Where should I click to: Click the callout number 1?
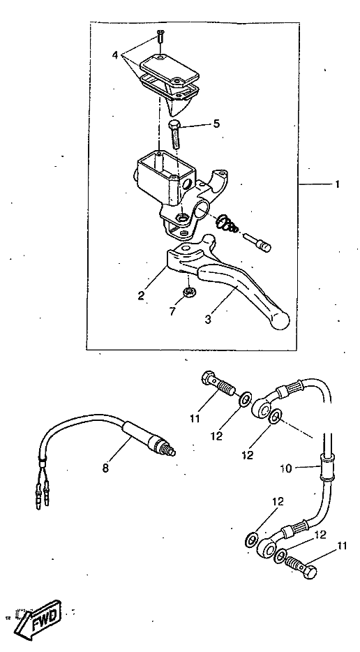(x=338, y=184)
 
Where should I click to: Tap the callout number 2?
(x=142, y=295)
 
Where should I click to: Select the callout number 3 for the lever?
(x=208, y=319)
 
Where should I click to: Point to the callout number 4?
(x=116, y=55)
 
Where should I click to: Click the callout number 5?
(x=216, y=124)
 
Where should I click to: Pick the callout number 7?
(x=172, y=311)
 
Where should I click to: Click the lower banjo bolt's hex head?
(x=309, y=572)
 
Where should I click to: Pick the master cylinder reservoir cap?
(x=170, y=69)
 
